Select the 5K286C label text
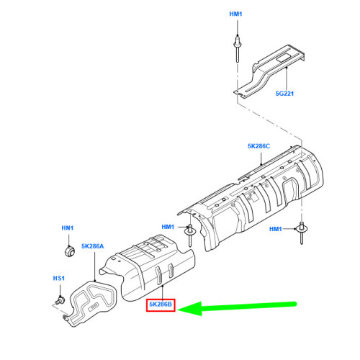pyautogui.click(x=258, y=146)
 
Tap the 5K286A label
pyautogui.click(x=93, y=246)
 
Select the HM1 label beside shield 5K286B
pyautogui.click(x=168, y=227)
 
